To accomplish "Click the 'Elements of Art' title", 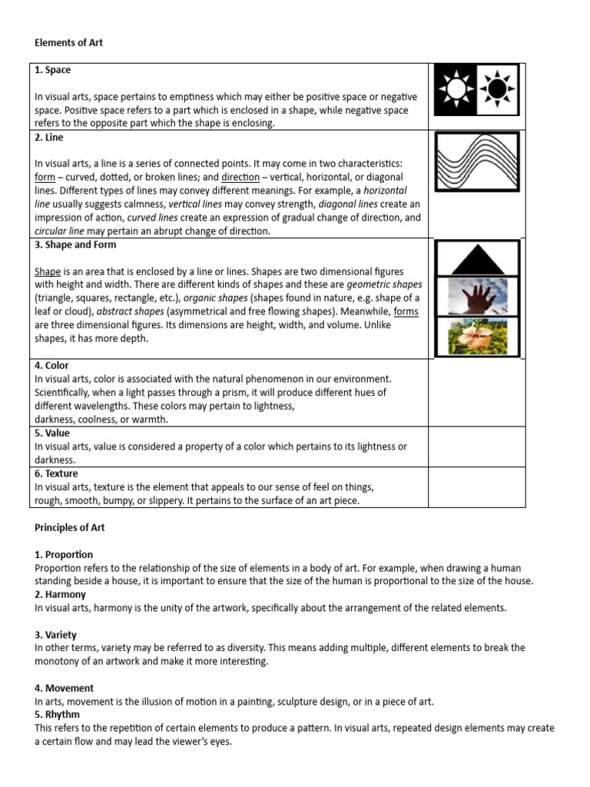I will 68,43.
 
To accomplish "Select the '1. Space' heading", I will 53,70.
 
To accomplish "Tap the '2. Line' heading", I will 49,138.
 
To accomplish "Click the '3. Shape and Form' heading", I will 74,245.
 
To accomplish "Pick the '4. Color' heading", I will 51,366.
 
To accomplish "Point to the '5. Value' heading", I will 52,433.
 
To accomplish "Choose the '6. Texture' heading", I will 56,473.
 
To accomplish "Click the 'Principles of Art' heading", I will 70,528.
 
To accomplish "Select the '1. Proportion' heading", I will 64,554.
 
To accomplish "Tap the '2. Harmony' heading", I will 61,594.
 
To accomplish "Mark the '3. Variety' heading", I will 58,634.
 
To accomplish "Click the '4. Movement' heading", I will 64,688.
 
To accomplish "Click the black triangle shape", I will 476,258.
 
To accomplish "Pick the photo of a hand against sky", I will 476,296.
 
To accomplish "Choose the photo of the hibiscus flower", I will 476,337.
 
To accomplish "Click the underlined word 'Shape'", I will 48,272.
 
